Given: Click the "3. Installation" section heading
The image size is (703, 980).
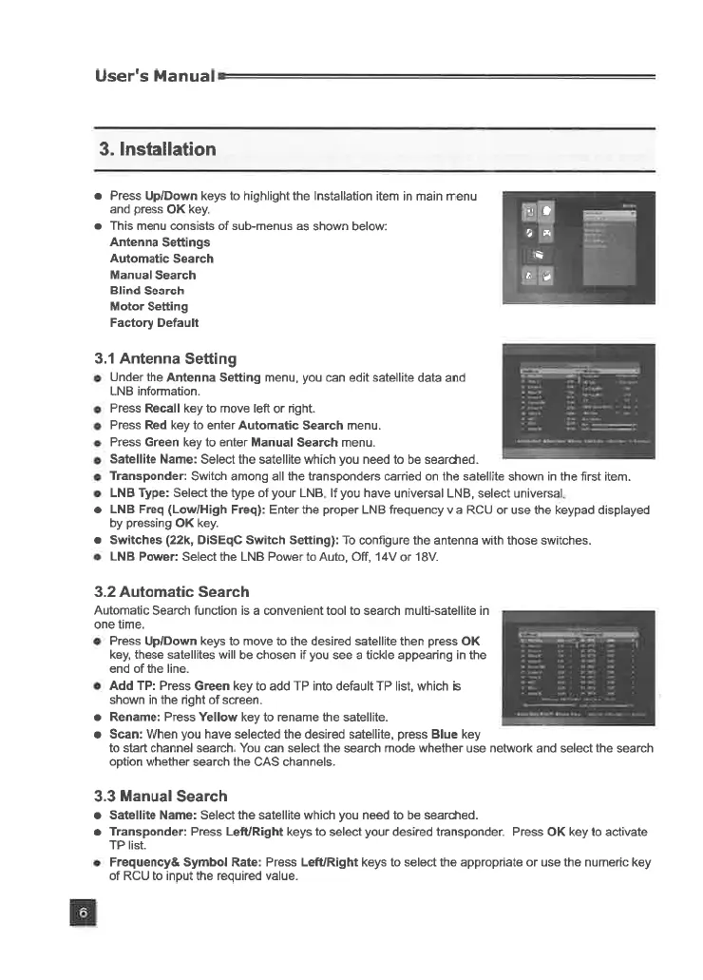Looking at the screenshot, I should pos(158,149).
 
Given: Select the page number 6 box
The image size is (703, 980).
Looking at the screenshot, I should pos(83,913).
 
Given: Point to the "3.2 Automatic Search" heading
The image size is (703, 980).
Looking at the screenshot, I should pos(172,591).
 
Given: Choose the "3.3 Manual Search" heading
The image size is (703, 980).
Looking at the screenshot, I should pos(161,796).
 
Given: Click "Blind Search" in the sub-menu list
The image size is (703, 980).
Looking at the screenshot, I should pos(147,290).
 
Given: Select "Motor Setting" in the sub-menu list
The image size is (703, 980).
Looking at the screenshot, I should pos(149,306).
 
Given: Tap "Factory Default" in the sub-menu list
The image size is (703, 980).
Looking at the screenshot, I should pos(155,322).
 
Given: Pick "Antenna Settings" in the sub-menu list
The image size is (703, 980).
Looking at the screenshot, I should pos(160,242).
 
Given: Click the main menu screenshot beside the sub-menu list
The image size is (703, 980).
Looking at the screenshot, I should pos(579,247).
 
